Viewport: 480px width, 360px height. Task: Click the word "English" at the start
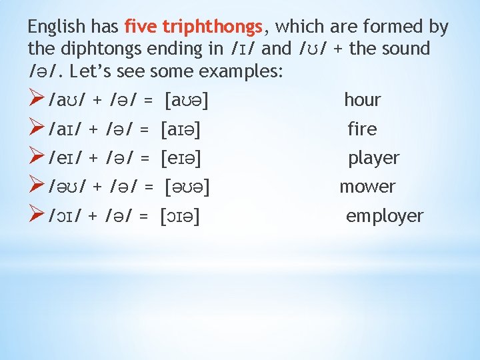57,27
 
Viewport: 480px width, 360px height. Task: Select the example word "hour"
362,100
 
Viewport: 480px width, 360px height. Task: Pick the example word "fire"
362,129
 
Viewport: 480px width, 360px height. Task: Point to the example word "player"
373,158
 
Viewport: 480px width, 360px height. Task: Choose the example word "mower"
367,187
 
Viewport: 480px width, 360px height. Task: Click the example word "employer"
384,216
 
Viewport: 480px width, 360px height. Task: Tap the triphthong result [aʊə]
185,101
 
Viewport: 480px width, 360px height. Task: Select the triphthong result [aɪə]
182,129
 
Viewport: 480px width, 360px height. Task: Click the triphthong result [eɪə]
181,159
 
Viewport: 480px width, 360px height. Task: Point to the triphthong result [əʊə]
187,187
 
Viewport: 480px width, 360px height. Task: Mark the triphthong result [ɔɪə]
181,217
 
